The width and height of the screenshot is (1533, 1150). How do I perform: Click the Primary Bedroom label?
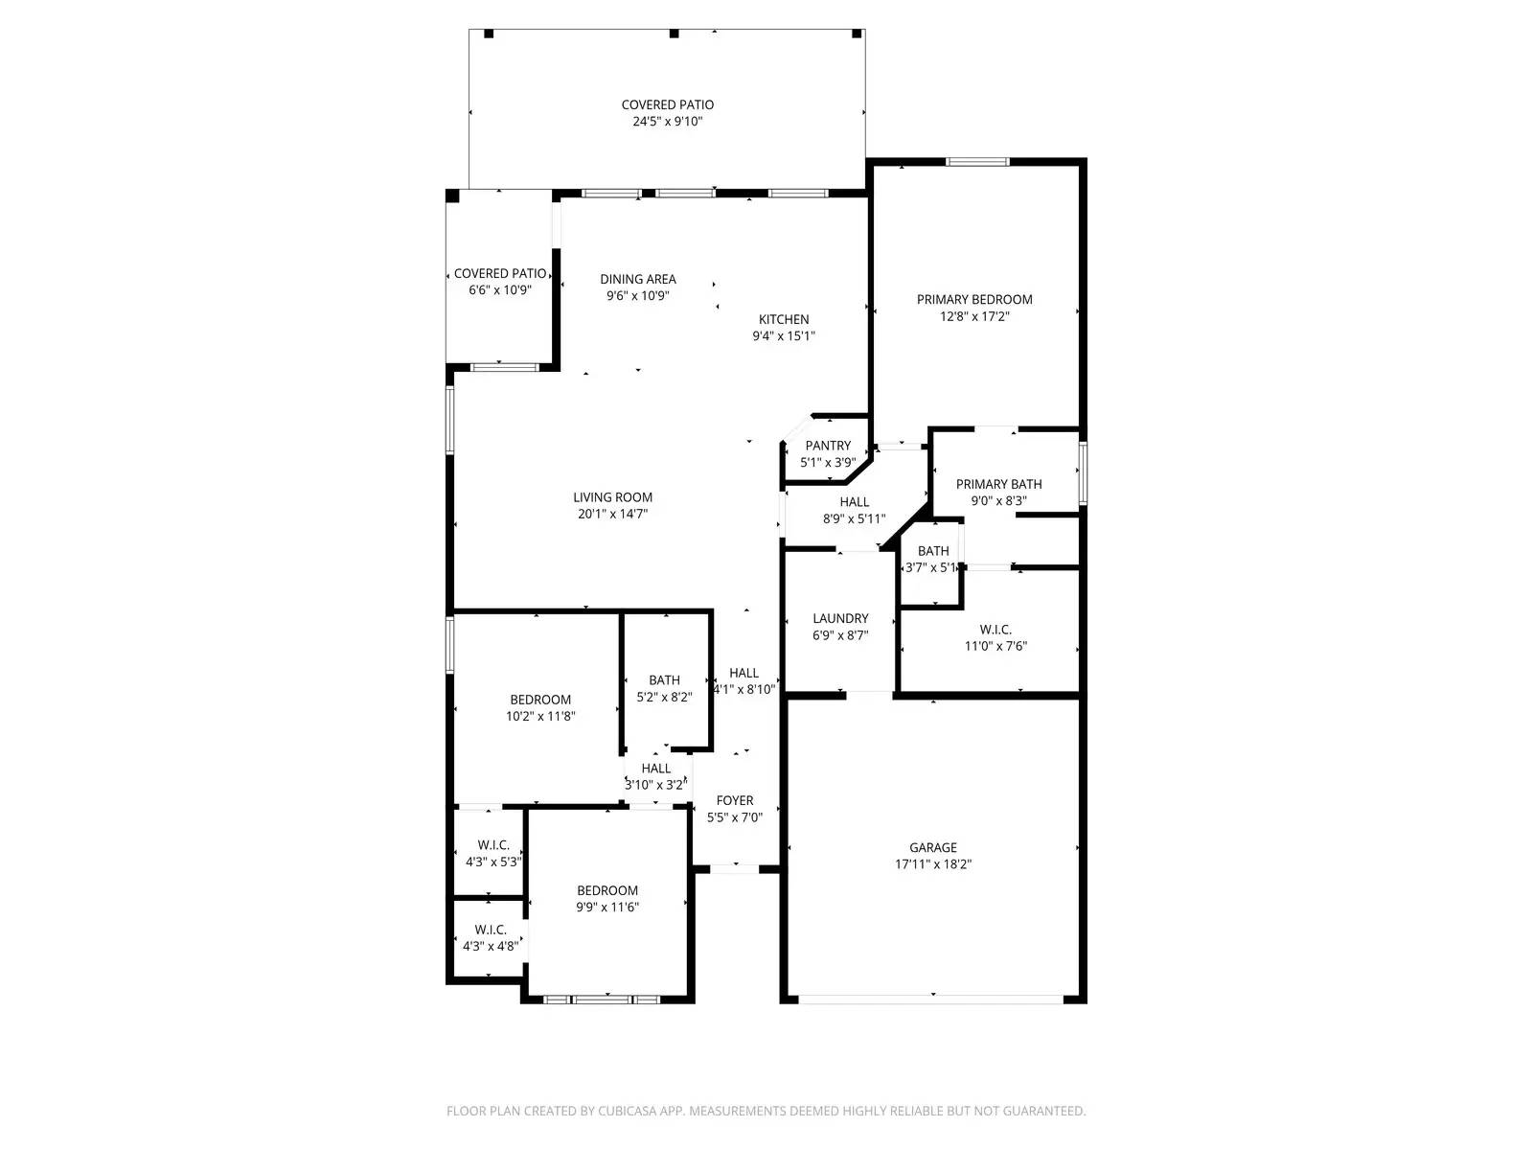click(x=974, y=300)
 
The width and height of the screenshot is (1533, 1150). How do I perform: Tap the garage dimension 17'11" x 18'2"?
click(x=932, y=864)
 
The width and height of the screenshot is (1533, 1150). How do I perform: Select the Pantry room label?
click(x=828, y=446)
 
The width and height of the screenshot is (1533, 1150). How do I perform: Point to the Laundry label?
click(x=840, y=619)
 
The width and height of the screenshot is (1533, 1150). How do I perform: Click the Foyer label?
click(x=735, y=801)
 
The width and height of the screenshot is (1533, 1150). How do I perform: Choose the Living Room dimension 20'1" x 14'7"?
click(x=612, y=514)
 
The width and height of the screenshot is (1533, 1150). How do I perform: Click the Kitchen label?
click(x=784, y=320)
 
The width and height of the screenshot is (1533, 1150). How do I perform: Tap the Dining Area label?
click(x=638, y=280)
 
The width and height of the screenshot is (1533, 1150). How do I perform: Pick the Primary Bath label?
click(x=998, y=485)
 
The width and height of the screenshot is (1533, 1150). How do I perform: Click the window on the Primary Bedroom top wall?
click(x=976, y=162)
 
